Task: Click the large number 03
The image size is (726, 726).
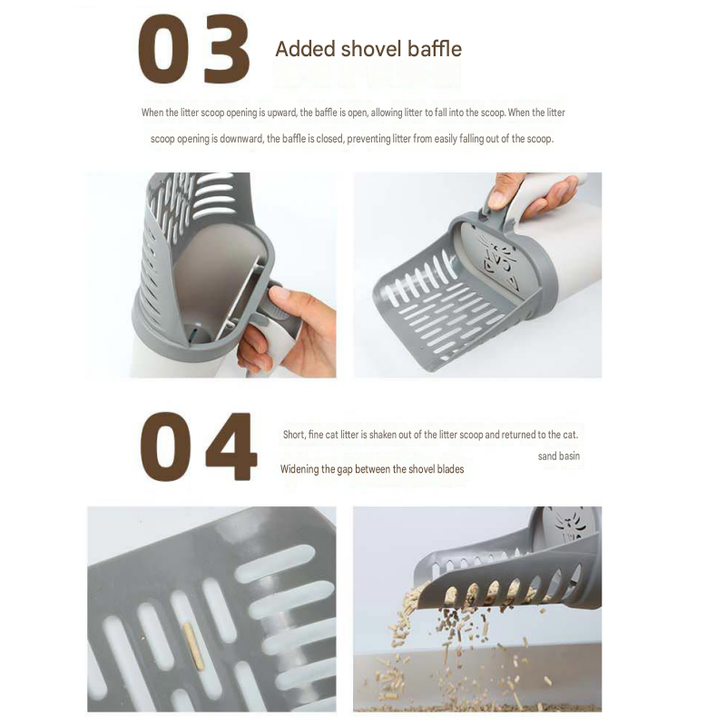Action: (x=194, y=49)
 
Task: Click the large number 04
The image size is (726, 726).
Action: (x=198, y=446)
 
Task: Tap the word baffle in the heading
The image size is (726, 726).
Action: (x=435, y=49)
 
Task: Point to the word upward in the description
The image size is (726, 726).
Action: (x=281, y=113)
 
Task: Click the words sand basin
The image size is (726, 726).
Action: (x=558, y=456)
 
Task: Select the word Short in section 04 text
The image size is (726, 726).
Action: (x=294, y=435)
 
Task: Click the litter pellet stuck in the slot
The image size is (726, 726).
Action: (x=194, y=646)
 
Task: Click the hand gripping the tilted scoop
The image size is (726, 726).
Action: (x=532, y=193)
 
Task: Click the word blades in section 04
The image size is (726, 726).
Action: (x=450, y=469)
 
